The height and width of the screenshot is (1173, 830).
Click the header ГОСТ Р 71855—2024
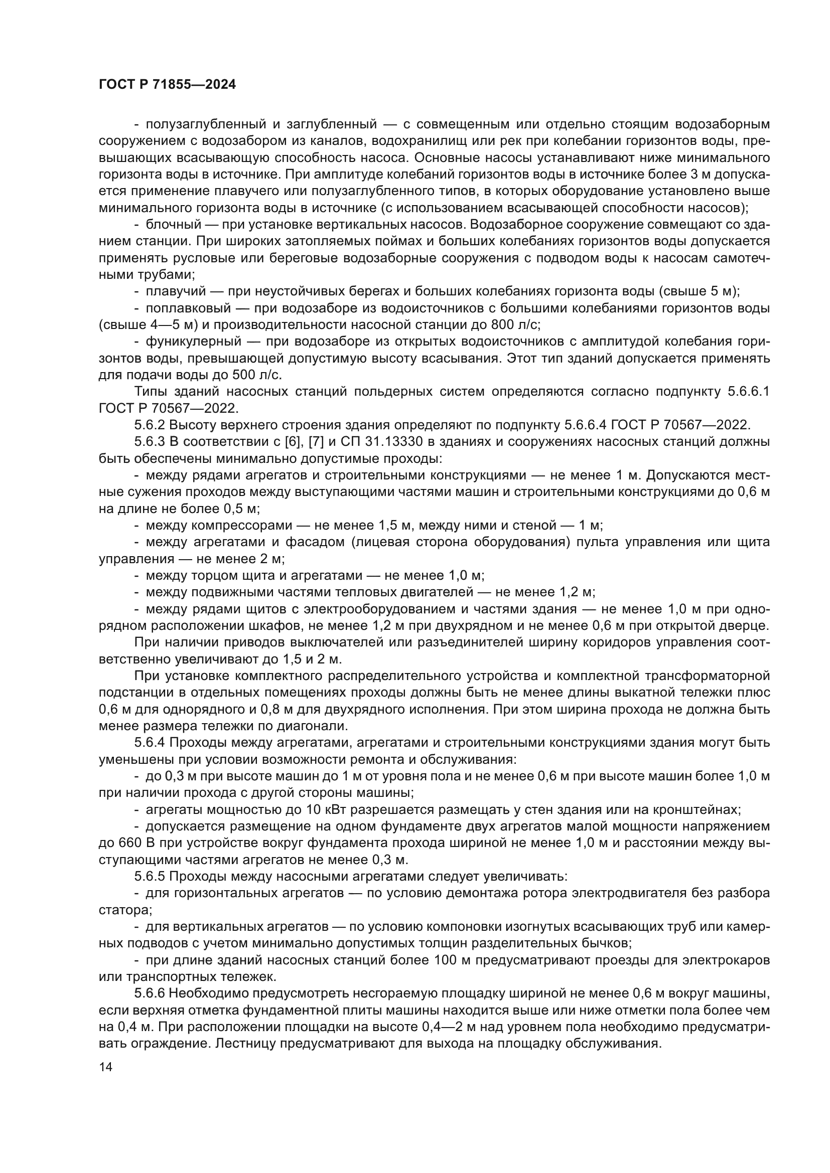[x=167, y=85]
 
